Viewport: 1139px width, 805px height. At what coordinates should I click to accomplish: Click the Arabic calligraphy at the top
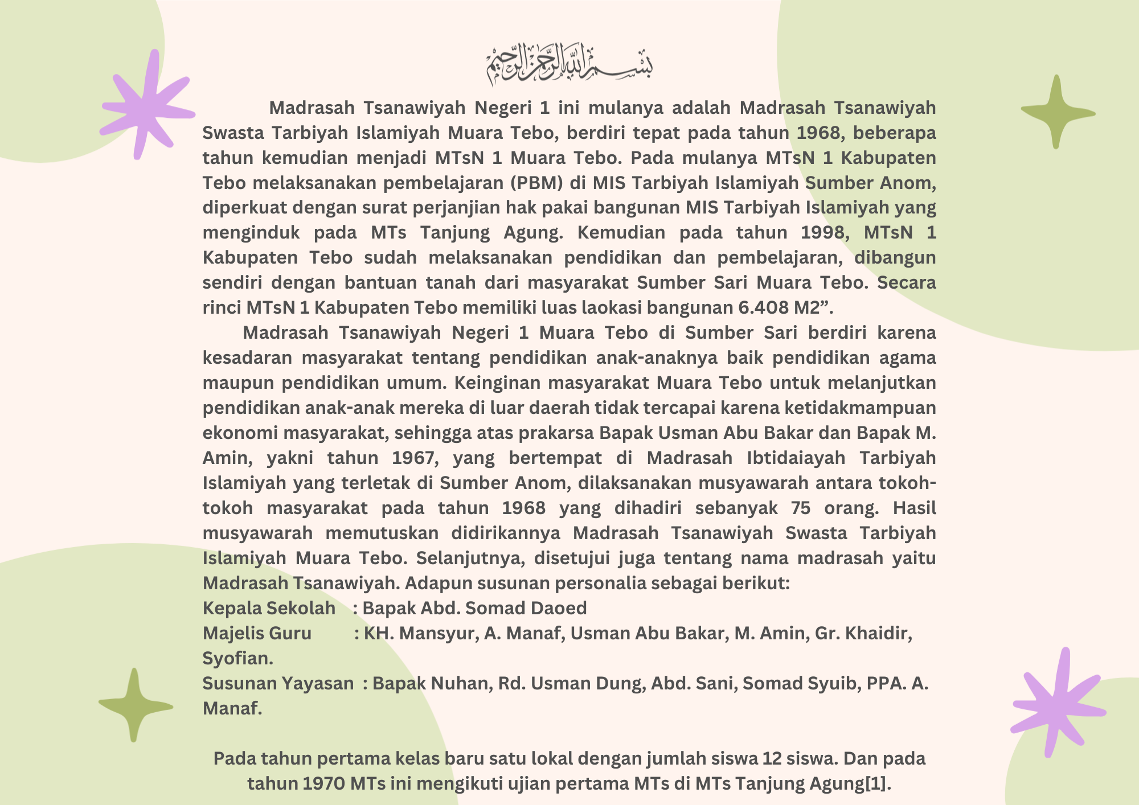(x=569, y=64)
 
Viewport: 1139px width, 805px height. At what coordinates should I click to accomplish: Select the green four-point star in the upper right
(x=1057, y=112)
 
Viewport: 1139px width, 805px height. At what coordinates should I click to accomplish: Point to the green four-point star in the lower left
(x=135, y=705)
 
